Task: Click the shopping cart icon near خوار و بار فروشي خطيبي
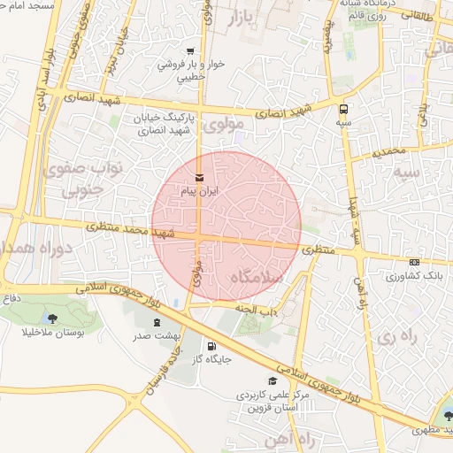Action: click(x=190, y=50)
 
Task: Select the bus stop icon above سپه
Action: click(x=343, y=109)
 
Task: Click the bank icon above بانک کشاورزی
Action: click(x=415, y=263)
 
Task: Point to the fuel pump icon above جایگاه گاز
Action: click(x=211, y=346)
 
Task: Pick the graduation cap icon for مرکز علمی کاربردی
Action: click(x=273, y=381)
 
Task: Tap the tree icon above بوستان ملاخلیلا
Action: click(x=52, y=318)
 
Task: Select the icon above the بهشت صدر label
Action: click(x=157, y=323)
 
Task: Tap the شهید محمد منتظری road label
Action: click(x=133, y=232)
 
